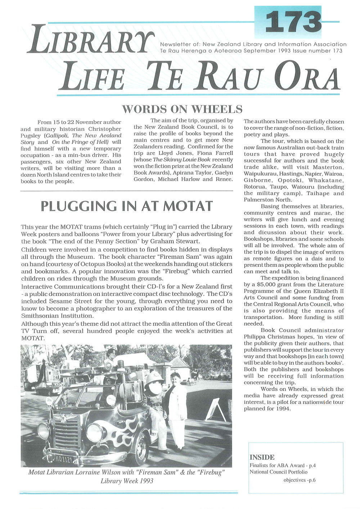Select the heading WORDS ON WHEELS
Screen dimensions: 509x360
click(182, 109)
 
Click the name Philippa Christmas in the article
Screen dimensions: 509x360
click(267, 337)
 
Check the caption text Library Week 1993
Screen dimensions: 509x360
click(126, 481)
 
